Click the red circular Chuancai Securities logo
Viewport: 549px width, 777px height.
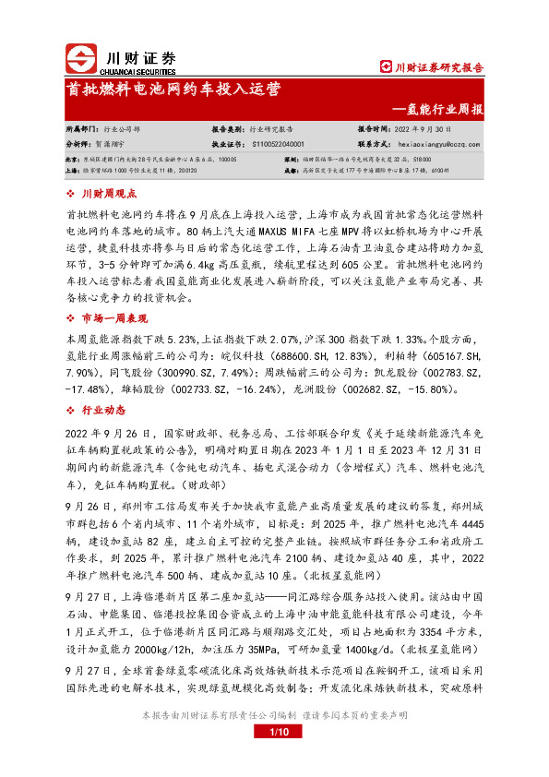click(x=81, y=59)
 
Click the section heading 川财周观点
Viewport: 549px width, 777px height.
click(x=110, y=194)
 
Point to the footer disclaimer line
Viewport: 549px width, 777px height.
click(x=273, y=742)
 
